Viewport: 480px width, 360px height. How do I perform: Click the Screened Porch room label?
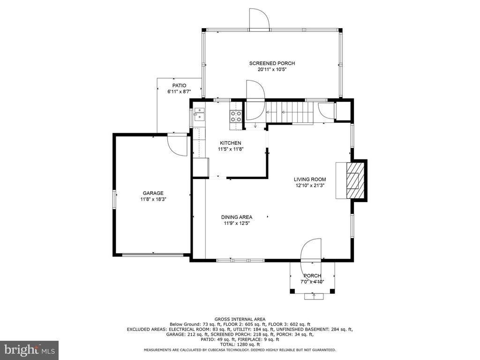pyautogui.click(x=272, y=63)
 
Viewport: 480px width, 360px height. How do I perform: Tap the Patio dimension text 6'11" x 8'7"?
pyautogui.click(x=179, y=92)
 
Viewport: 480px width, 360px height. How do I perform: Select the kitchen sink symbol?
pyautogui.click(x=199, y=114)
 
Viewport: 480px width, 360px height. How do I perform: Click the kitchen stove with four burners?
pyautogui.click(x=235, y=116)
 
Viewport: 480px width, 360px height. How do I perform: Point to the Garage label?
pyautogui.click(x=153, y=193)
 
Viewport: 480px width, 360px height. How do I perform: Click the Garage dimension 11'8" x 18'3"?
pyautogui.click(x=153, y=199)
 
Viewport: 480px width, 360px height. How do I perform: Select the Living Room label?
pyautogui.click(x=309, y=179)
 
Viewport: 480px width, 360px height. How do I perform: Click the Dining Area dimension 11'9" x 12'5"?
pyautogui.click(x=237, y=224)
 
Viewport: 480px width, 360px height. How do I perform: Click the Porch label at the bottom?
pyautogui.click(x=312, y=276)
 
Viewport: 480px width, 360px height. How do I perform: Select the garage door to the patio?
pyautogui.click(x=177, y=144)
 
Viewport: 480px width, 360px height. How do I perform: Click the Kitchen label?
pyautogui.click(x=231, y=143)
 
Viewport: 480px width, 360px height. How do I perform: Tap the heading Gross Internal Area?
pyautogui.click(x=240, y=318)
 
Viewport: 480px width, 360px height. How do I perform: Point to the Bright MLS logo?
pyautogui.click(x=29, y=350)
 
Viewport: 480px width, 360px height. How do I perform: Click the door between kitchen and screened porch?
pyautogui.click(x=255, y=101)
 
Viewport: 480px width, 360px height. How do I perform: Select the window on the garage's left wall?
pyautogui.click(x=113, y=200)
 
